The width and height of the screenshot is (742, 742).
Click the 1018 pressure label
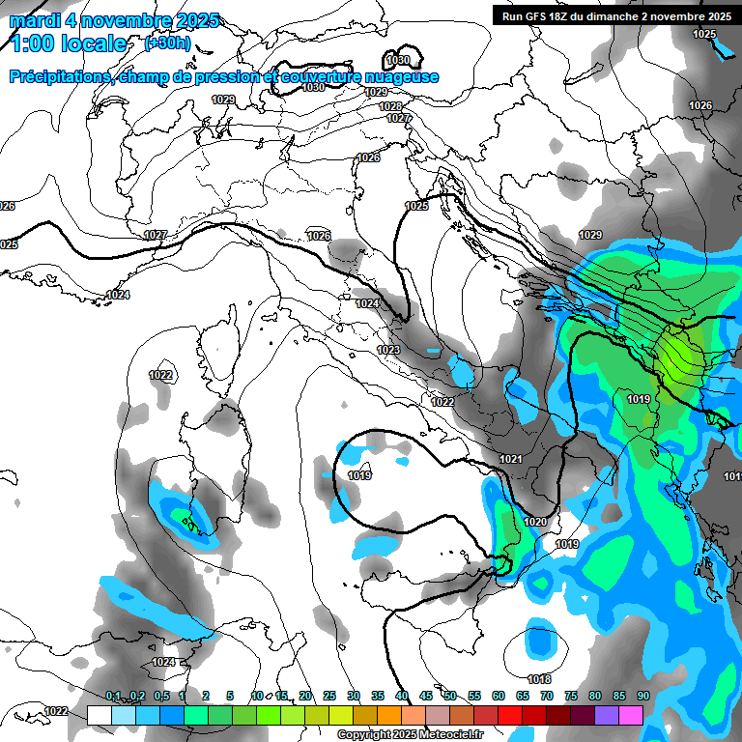click(x=539, y=679)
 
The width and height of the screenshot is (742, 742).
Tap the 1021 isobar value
click(x=512, y=459)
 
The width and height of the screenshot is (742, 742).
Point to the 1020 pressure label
click(x=534, y=522)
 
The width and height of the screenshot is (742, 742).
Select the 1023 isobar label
click(x=388, y=350)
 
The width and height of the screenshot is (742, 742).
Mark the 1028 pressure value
click(x=390, y=106)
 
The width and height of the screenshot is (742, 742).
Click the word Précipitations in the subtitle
click(x=59, y=77)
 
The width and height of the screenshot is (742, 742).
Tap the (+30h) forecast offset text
click(x=167, y=43)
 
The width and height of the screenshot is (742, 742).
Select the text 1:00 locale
click(x=68, y=43)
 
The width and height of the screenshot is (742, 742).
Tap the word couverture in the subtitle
click(x=326, y=77)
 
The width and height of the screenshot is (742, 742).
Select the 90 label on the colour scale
click(x=642, y=696)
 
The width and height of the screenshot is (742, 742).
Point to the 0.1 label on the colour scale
click(x=113, y=696)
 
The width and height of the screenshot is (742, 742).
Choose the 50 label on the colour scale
click(x=450, y=696)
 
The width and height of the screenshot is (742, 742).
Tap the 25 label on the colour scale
click(x=329, y=696)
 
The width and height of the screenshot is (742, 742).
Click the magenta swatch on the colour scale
click(x=631, y=714)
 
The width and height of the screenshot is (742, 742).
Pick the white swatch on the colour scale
click(x=100, y=714)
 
